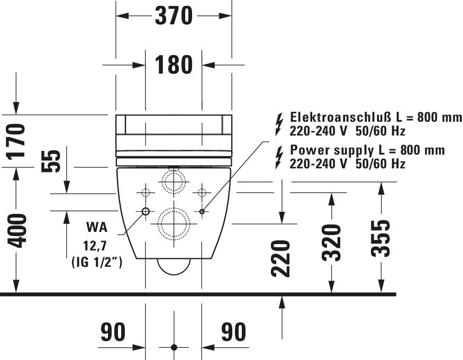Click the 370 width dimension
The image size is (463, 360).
[174, 16]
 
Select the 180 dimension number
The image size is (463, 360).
[174, 65]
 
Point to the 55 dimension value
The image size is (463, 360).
[50, 161]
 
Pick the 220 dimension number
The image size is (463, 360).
[280, 259]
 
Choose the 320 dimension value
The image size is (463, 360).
[331, 243]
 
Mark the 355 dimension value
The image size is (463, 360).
[380, 239]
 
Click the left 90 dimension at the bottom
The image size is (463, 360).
[113, 332]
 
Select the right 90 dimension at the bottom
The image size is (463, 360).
[233, 332]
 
